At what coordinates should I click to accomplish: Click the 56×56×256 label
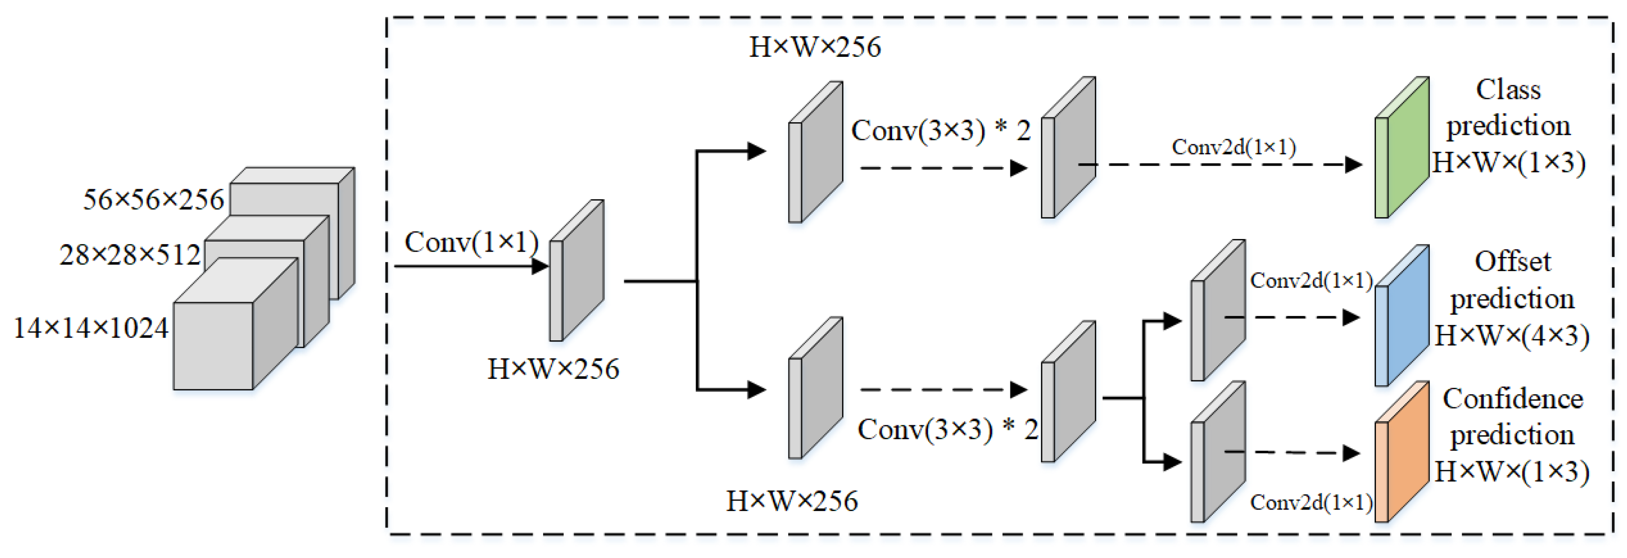[x=153, y=200]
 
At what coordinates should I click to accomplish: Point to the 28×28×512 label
[x=130, y=255]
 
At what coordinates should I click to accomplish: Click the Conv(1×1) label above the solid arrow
[x=471, y=242]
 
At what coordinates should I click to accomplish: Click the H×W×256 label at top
[x=815, y=47]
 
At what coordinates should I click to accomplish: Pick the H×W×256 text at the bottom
[x=792, y=501]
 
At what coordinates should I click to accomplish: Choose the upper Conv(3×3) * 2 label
[x=941, y=131]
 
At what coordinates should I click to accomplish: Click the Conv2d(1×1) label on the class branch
[x=1234, y=147]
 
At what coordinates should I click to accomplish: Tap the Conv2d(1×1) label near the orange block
[x=1310, y=503]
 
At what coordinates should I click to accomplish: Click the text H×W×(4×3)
[x=1511, y=335]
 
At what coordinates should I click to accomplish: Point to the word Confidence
[x=1513, y=399]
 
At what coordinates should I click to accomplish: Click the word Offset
[x=1513, y=262]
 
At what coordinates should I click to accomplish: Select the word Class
[x=1508, y=90]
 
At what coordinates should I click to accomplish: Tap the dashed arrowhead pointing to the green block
[x=1353, y=165]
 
